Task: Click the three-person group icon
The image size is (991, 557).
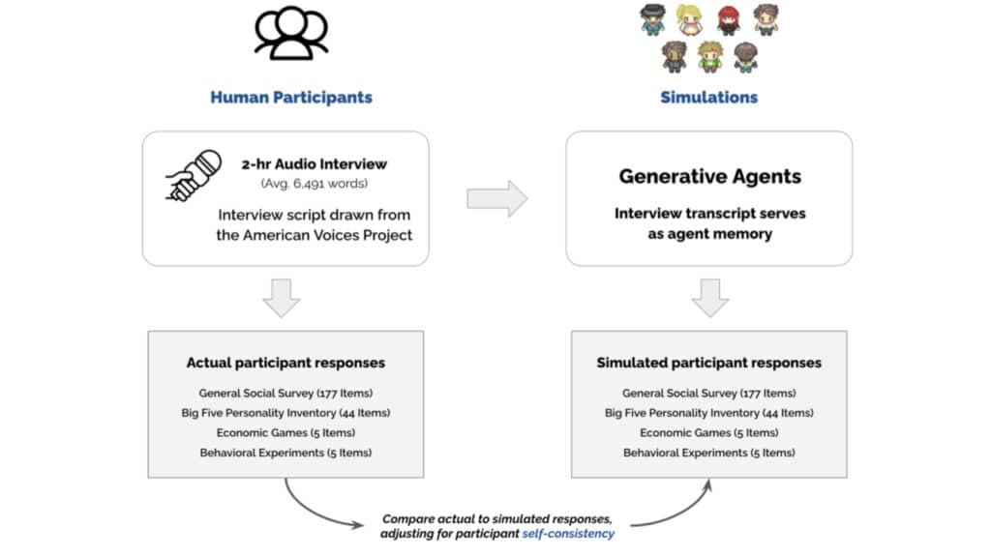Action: point(291,33)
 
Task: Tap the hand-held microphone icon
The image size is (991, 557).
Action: point(194,176)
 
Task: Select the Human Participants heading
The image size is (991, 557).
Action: point(291,98)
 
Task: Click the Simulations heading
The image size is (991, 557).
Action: point(709,98)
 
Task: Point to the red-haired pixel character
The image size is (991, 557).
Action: point(729,19)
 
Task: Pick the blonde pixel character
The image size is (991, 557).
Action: point(689,19)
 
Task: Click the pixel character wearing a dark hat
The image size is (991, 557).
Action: point(652,19)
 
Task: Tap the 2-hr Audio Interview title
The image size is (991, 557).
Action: point(315,164)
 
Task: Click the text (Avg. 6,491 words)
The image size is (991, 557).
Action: point(315,184)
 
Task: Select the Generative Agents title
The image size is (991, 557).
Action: point(709,176)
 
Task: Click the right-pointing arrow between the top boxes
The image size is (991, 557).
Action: point(497,199)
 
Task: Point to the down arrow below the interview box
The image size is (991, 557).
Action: point(282,298)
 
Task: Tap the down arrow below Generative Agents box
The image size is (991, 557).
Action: point(710,298)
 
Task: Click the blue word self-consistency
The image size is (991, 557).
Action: point(568,534)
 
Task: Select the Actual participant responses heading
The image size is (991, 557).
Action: point(285,363)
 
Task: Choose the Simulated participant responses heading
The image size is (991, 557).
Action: point(709,363)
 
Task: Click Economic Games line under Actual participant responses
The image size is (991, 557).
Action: point(285,432)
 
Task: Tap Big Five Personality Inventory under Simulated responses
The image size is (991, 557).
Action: point(709,413)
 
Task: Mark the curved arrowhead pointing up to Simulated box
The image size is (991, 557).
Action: point(708,485)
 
